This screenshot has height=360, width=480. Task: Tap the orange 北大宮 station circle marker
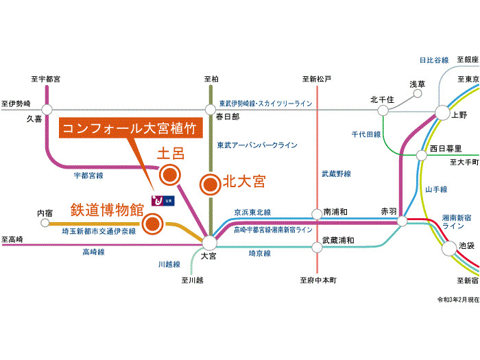click(x=210, y=184)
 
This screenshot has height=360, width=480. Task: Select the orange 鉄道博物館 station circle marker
click(x=153, y=223)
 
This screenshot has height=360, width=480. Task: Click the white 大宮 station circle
click(x=209, y=242)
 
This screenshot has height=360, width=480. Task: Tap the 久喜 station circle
click(x=47, y=109)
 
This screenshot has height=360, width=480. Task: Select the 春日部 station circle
click(x=211, y=109)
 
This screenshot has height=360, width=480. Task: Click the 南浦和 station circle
click(x=317, y=213)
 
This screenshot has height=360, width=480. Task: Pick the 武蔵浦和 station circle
click(x=317, y=242)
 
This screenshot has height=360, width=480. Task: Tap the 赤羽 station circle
click(x=403, y=221)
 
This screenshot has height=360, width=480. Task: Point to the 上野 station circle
click(x=441, y=114)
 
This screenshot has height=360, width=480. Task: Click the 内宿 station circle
click(x=45, y=223)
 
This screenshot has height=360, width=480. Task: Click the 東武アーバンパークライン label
click(x=257, y=145)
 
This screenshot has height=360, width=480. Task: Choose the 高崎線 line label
click(x=93, y=252)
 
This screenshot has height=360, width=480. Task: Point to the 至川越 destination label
click(x=193, y=280)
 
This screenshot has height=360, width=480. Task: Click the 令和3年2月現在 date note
click(x=458, y=300)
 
